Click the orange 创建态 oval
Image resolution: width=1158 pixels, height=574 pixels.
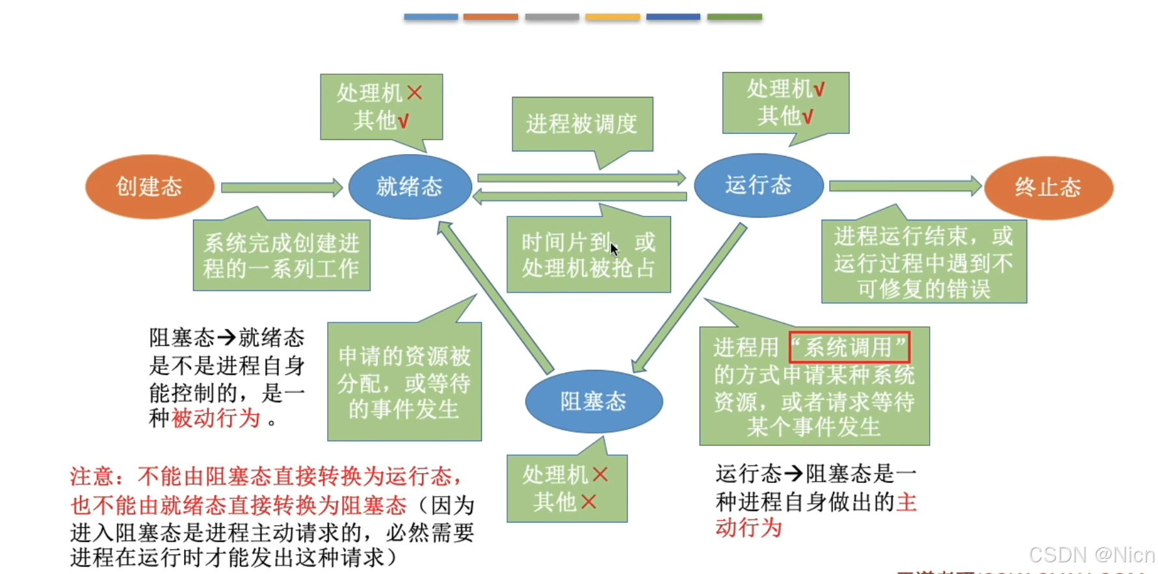[150, 187]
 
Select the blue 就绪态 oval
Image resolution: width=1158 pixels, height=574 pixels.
[410, 187]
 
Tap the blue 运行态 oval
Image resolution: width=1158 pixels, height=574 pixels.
[758, 185]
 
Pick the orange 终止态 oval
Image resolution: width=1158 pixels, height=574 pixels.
[1048, 187]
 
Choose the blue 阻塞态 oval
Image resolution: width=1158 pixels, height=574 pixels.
[593, 401]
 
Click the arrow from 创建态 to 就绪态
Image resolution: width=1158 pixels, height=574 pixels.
[281, 188]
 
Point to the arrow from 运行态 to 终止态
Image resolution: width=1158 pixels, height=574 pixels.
[904, 187]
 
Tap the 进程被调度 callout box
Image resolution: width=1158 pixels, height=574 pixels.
[582, 124]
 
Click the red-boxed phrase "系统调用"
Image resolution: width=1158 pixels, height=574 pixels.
[849, 348]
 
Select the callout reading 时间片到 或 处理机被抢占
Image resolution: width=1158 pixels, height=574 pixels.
[588, 255]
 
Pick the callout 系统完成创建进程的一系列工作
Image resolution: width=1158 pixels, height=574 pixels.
[282, 255]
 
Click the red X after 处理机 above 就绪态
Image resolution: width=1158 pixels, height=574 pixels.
[415, 93]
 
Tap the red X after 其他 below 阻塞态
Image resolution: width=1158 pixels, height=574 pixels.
[588, 502]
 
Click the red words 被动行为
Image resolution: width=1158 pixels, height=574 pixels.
[216, 419]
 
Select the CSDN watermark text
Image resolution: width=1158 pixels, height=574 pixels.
[1091, 554]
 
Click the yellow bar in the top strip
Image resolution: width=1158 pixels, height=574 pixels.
[612, 17]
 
